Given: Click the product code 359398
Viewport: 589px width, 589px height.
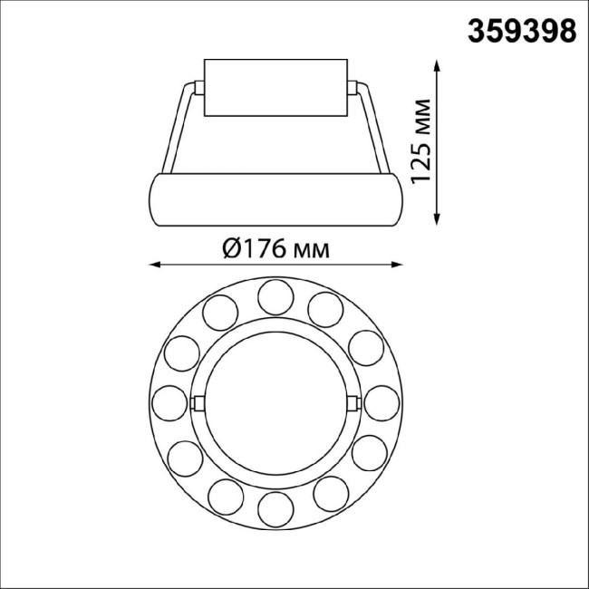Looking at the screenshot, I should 521,30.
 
